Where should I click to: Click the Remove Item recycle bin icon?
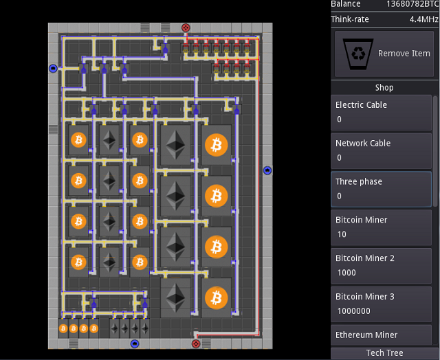[x=358, y=54]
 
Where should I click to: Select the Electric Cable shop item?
[x=381, y=113]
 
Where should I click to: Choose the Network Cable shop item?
[x=381, y=151]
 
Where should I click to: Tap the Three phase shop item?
[x=381, y=189]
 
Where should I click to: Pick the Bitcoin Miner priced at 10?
[x=381, y=227]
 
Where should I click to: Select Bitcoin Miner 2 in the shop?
[x=381, y=266]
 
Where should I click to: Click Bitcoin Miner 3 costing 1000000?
[x=381, y=304]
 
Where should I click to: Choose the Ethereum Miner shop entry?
[x=381, y=335]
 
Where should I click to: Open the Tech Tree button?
[x=384, y=353]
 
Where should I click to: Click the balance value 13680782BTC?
[x=412, y=4]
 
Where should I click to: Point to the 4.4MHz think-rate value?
[x=423, y=19]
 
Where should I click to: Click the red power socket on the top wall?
[x=186, y=27]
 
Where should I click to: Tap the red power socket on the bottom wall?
[x=196, y=344]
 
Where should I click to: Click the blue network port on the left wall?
[x=53, y=69]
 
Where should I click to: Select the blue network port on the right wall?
[x=267, y=170]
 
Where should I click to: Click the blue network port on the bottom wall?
[x=135, y=344]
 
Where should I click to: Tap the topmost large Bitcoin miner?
[x=216, y=145]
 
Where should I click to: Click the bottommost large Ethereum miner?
[x=175, y=297]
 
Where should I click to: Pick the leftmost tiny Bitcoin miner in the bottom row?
[x=63, y=328]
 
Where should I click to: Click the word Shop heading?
[x=384, y=87]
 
